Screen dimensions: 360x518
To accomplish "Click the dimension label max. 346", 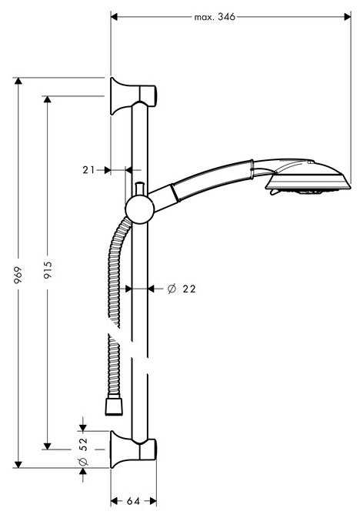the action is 215,16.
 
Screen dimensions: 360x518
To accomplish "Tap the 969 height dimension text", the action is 18,275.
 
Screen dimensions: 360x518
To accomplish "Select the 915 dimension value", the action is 48,269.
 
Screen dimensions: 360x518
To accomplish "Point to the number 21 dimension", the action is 88,170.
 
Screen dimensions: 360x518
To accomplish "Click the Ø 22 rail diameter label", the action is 182,289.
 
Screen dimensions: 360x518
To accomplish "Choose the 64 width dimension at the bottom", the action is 133,501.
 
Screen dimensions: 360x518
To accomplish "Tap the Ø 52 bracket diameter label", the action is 84,451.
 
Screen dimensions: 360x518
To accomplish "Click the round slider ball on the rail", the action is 140,209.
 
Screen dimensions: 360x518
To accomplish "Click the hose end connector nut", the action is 114,406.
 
